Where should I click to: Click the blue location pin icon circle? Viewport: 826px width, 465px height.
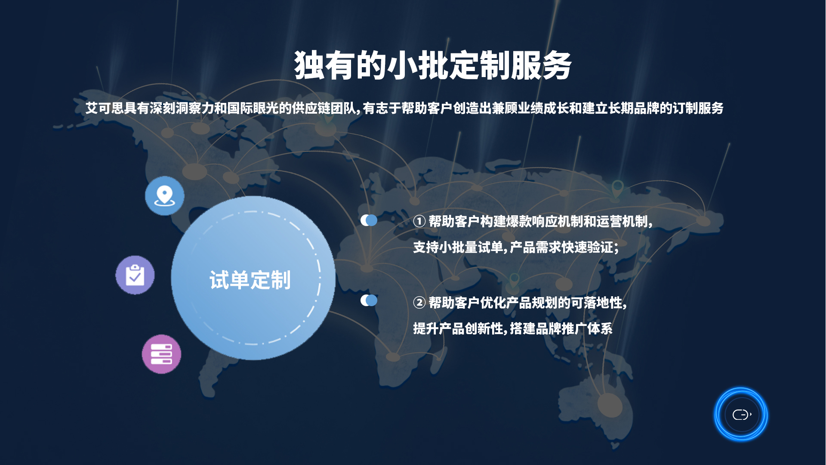[165, 196]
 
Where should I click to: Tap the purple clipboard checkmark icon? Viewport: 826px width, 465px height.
[135, 275]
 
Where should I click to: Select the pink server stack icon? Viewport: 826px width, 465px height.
[162, 354]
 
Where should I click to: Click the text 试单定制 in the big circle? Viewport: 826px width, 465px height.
[250, 280]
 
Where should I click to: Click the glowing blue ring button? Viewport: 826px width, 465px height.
[741, 414]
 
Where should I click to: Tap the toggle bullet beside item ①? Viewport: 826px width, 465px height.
[369, 220]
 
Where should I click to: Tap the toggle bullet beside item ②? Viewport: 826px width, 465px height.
[369, 300]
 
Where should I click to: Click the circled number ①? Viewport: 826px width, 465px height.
[419, 221]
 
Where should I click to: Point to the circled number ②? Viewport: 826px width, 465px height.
[419, 303]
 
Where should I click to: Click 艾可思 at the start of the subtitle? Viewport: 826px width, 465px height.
[105, 108]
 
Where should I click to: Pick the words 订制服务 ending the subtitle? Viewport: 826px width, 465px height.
[698, 108]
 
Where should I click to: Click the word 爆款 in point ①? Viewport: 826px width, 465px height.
[519, 221]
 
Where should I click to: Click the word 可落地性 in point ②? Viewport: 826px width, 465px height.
[596, 303]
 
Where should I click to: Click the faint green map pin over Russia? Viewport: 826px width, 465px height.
[618, 189]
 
